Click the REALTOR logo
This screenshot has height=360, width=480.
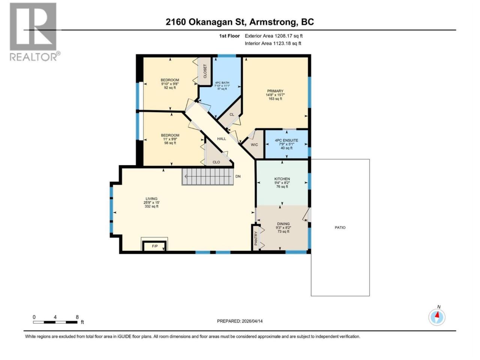(35, 32)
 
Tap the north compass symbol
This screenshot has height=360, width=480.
(437, 317)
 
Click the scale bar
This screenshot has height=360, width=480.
(55, 322)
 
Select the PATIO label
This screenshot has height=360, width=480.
(340, 228)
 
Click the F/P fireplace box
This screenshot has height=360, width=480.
(154, 246)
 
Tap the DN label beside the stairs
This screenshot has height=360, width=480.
(238, 176)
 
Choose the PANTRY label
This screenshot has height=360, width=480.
(256, 238)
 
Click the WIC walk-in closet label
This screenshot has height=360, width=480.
(254, 145)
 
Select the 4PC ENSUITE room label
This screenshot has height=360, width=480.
(286, 140)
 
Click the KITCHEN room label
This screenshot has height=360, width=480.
(282, 179)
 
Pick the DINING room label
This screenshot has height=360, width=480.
(283, 224)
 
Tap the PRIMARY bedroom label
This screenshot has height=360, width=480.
(275, 91)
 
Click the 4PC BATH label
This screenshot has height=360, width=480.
(222, 82)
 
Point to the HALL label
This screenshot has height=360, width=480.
(222, 139)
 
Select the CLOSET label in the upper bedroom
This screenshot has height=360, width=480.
(205, 71)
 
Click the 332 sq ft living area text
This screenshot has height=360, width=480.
(151, 206)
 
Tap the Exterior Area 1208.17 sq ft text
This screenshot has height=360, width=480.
(274, 36)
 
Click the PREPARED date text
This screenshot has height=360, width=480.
(240, 321)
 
